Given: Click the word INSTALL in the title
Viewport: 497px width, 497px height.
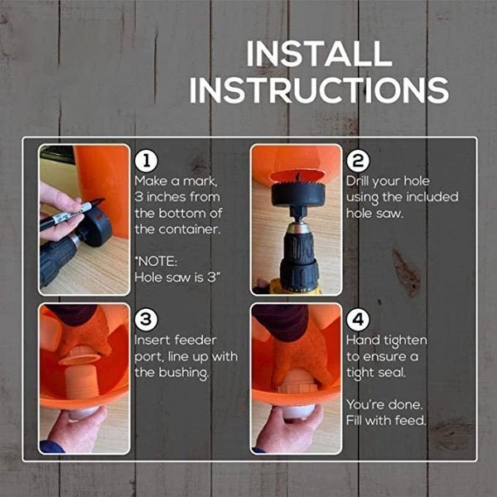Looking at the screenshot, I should click(x=319, y=54).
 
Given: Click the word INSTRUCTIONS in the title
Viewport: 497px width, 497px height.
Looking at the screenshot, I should click(x=319, y=89).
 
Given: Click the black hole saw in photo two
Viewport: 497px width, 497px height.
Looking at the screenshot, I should click(x=296, y=195).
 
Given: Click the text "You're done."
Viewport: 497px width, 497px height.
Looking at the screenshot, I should click(x=384, y=404).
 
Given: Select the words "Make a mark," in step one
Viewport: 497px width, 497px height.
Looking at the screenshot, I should click(x=174, y=181).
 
